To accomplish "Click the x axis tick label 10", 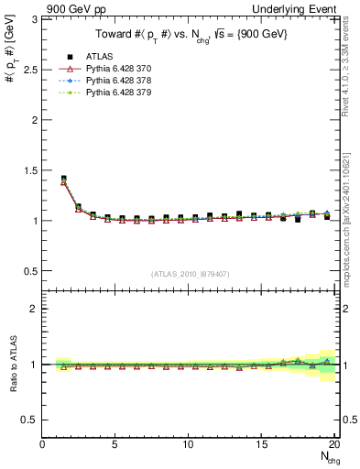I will pos(188,444).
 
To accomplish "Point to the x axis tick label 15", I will pos(261,444).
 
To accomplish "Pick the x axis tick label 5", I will pos(115,444).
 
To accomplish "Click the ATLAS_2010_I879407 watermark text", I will pos(189,274).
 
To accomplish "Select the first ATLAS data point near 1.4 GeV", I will pos(63,179).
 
